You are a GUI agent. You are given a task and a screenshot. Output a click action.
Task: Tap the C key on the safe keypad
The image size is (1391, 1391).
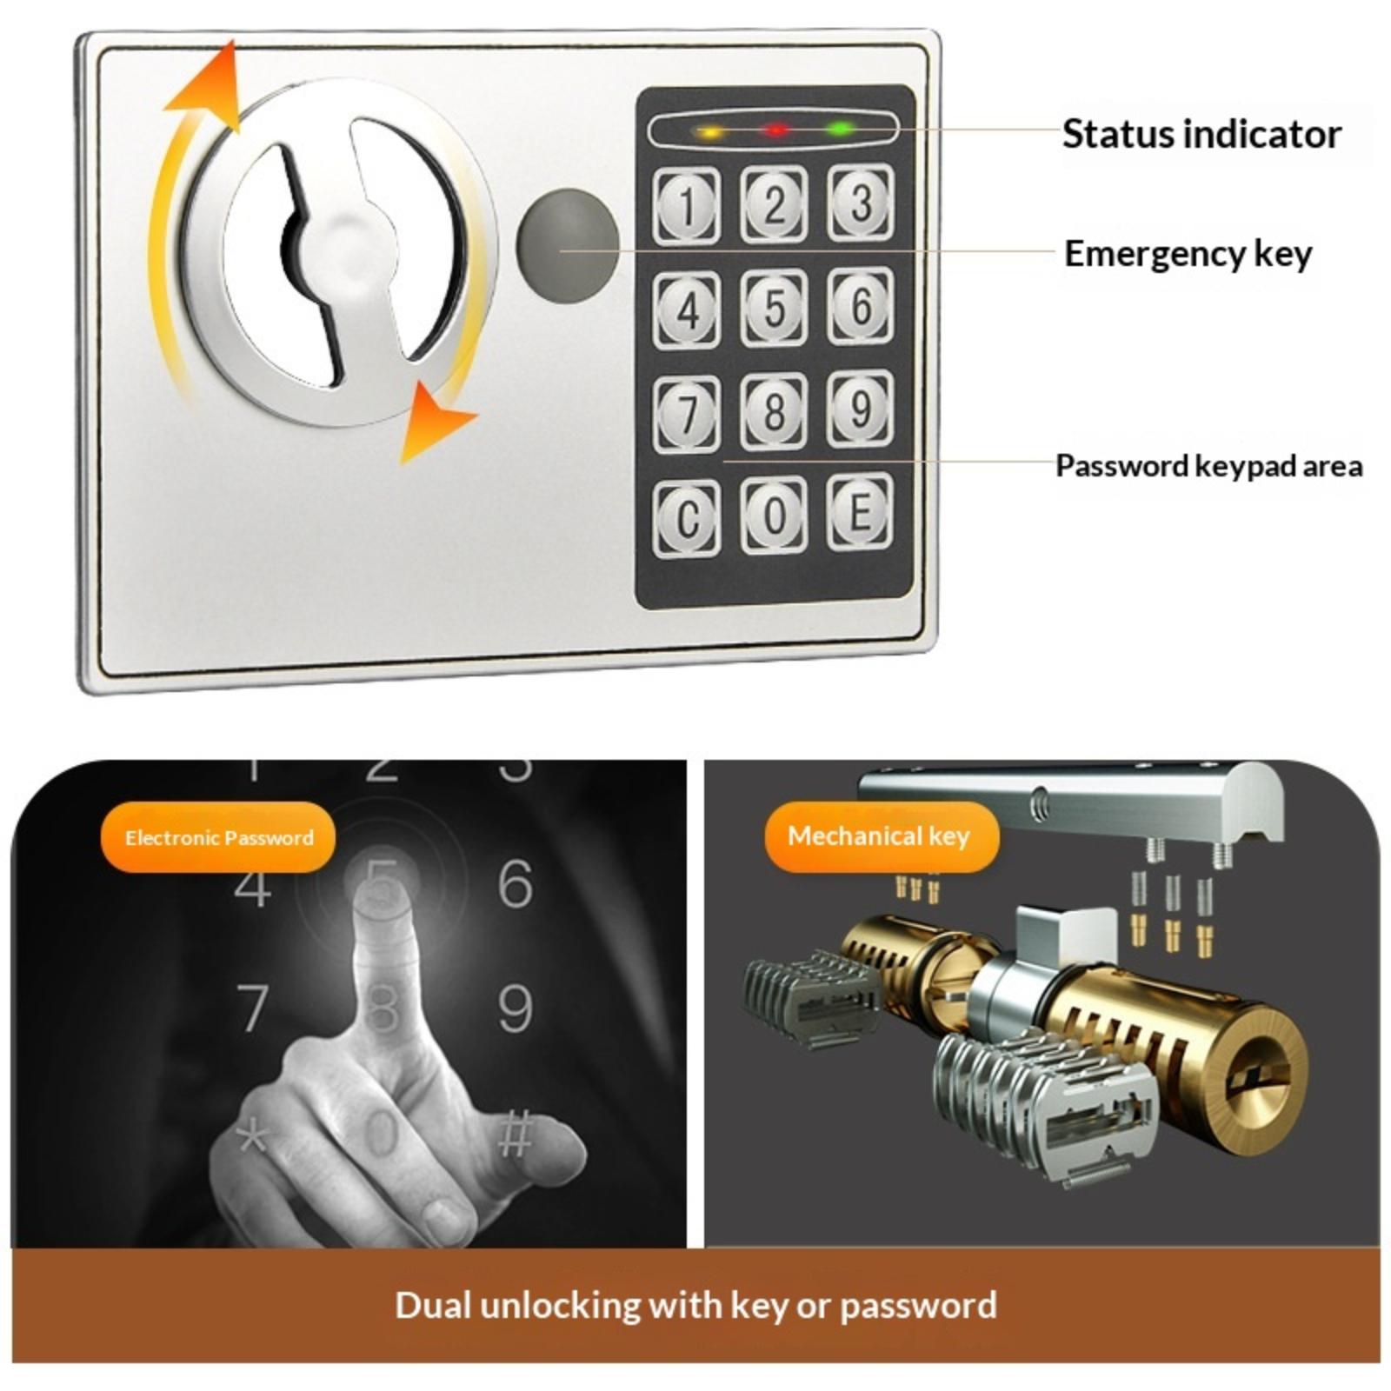click(687, 518)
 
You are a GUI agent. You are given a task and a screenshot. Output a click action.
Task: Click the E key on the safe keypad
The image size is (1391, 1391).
click(860, 512)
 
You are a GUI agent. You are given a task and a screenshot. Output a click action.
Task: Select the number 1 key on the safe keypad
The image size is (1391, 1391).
click(687, 207)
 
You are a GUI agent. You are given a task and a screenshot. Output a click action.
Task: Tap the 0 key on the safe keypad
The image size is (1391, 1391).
click(774, 516)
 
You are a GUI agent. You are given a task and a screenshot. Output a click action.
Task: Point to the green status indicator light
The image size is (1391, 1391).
click(839, 130)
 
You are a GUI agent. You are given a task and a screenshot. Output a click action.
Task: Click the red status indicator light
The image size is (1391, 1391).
click(775, 130)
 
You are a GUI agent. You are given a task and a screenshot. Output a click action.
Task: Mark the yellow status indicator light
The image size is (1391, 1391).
click(710, 133)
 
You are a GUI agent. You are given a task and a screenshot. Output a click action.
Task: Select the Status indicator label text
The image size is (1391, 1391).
click(1201, 135)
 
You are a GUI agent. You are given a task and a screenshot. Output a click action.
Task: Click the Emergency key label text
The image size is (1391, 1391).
click(1188, 254)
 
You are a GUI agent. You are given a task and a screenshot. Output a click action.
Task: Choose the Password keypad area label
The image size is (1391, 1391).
click(1208, 466)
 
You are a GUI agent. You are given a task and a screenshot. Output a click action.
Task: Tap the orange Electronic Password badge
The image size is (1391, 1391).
click(218, 837)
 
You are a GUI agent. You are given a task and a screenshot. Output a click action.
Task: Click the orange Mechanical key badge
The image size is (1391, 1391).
click(882, 836)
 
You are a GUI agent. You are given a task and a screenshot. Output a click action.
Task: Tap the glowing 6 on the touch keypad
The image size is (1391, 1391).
click(515, 883)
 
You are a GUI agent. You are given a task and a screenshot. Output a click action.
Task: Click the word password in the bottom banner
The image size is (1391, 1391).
click(918, 1306)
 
